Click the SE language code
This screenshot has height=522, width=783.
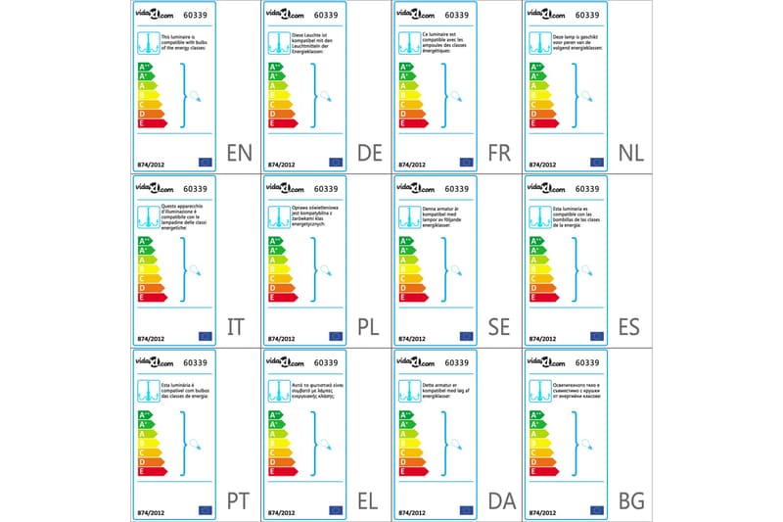499,326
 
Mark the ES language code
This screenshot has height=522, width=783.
630,326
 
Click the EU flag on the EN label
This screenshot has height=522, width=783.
206,162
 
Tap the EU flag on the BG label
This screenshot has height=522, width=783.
597,510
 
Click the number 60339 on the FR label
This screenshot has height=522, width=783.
457,15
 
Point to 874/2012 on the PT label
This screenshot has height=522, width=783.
151,510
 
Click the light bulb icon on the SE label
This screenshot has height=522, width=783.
456,270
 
